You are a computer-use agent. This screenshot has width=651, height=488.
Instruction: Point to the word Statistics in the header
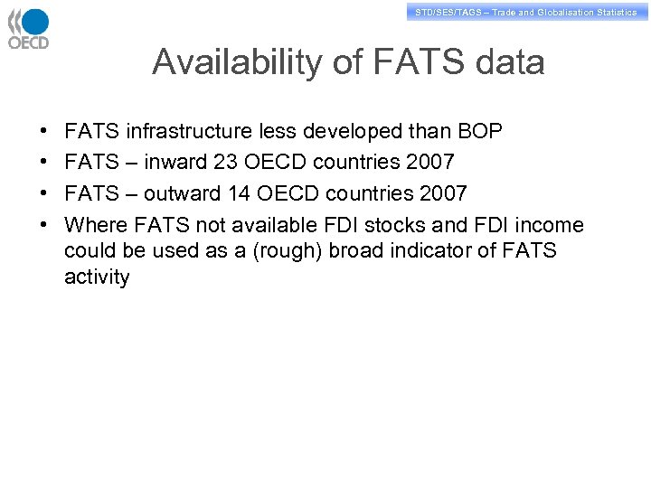click(617, 13)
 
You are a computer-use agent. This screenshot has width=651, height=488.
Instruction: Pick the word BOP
click(479, 132)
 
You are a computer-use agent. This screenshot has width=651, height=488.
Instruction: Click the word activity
click(97, 277)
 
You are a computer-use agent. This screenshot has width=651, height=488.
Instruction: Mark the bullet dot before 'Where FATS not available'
click(44, 225)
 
